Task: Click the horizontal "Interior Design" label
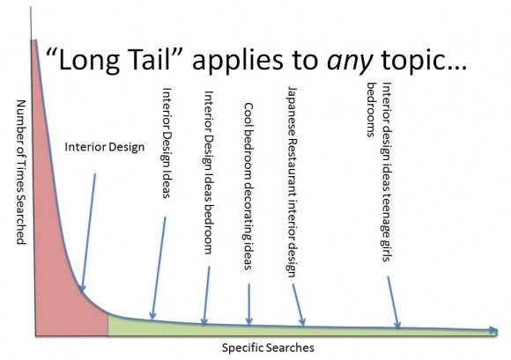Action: [x=104, y=146]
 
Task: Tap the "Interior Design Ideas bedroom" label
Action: [x=208, y=172]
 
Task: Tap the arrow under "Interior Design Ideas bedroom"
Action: [x=206, y=294]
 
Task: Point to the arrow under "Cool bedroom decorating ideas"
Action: [x=249, y=304]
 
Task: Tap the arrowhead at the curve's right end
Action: [x=490, y=331]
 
